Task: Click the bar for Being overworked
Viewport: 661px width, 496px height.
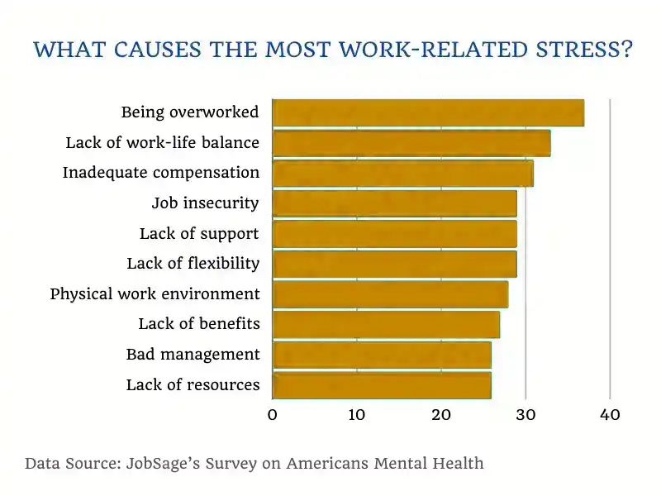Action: [x=428, y=112]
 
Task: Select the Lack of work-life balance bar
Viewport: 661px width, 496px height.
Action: [x=411, y=143]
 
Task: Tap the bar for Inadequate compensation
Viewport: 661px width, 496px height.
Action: [x=402, y=174]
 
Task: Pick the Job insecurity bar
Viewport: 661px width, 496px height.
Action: [x=394, y=203]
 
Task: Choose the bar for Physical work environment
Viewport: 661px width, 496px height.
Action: [x=390, y=294]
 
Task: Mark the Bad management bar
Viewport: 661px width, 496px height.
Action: [x=382, y=355]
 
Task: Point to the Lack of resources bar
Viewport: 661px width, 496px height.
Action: [x=382, y=385]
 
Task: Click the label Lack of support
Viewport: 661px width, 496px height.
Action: [x=199, y=234]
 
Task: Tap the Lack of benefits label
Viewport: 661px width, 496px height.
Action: [x=199, y=324]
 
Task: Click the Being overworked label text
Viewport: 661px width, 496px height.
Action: [x=190, y=112]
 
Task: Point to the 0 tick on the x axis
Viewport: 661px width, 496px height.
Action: [x=273, y=415]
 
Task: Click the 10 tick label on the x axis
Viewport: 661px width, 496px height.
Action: [x=357, y=415]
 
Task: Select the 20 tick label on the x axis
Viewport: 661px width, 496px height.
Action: [x=441, y=415]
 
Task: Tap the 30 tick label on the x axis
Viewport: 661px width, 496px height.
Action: [x=525, y=415]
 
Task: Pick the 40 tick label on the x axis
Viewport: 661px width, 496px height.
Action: [x=610, y=415]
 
